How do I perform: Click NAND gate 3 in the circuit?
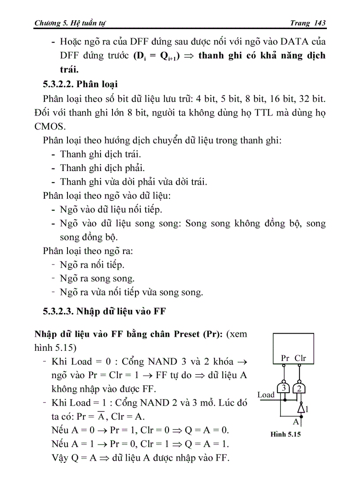(x=285, y=388)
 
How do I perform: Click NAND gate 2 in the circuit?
(x=300, y=388)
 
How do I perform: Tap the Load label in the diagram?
(x=266, y=395)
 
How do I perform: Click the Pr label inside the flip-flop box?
(x=285, y=358)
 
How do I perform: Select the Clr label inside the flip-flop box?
(x=300, y=358)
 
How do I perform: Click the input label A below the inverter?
(x=296, y=421)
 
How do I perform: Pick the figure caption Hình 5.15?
(x=285, y=434)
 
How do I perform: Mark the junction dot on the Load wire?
(x=284, y=400)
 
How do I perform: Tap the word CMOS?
(x=49, y=127)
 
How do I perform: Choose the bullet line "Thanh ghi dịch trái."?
(x=101, y=154)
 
